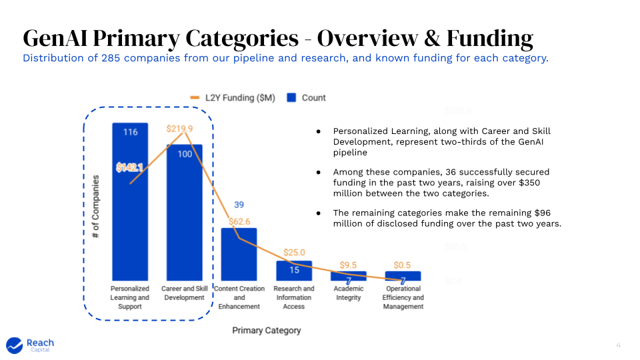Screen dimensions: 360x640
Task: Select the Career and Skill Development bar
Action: click(x=185, y=220)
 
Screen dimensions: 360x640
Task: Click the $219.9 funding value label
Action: click(x=179, y=129)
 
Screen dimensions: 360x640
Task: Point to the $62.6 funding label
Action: click(x=239, y=221)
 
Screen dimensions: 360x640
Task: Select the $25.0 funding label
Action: click(x=294, y=253)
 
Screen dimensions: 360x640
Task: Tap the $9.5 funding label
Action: click(x=349, y=265)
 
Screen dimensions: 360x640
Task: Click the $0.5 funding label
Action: click(x=403, y=265)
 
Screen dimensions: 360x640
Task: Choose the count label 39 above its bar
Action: click(x=239, y=205)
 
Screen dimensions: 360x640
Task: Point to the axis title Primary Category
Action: click(x=267, y=330)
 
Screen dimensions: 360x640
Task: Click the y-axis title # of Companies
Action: click(x=96, y=207)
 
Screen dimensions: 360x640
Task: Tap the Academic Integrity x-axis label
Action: click(x=349, y=293)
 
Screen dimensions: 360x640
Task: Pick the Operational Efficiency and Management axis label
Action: click(x=403, y=297)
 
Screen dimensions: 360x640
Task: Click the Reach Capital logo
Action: click(x=30, y=345)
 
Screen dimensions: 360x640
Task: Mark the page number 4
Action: click(x=618, y=345)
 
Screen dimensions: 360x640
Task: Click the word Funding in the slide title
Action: click(x=490, y=38)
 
